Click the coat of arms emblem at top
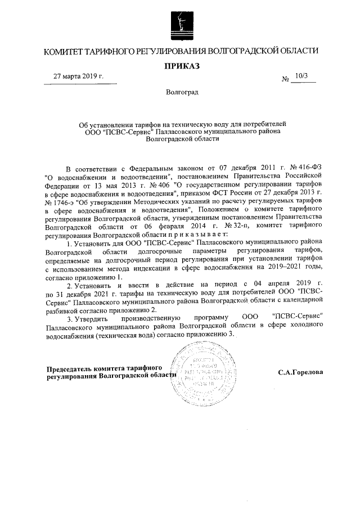coord(181,23)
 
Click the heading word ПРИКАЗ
coord(181,66)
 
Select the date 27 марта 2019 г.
coord(79,76)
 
